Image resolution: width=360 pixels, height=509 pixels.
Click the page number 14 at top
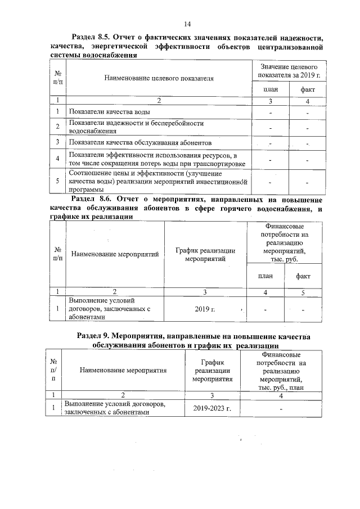click(188, 23)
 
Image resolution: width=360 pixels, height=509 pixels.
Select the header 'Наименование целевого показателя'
click(159, 79)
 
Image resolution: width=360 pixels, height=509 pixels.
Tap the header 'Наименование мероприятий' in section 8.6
click(115, 254)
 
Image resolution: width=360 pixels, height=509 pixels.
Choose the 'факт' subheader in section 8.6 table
click(303, 276)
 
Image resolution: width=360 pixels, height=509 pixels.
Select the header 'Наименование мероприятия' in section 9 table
click(124, 371)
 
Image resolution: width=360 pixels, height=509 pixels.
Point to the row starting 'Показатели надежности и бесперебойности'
click(136, 127)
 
